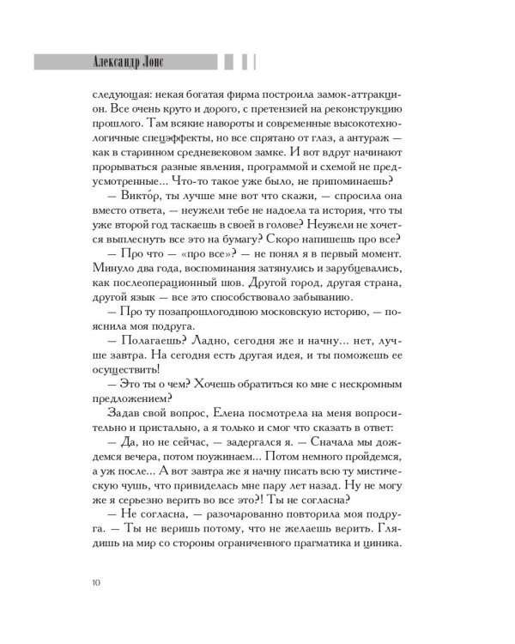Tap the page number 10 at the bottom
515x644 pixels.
click(x=94, y=585)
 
